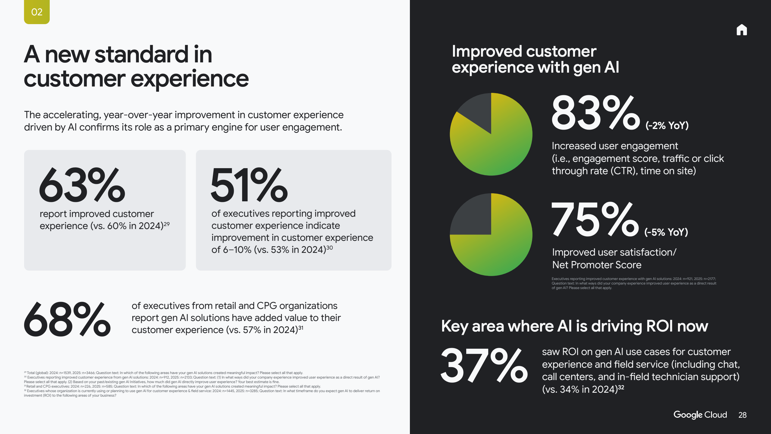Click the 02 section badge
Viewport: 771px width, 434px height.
tap(37, 12)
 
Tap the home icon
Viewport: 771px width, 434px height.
tap(741, 30)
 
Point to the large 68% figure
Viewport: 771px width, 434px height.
tap(67, 319)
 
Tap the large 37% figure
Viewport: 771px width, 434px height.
tap(484, 366)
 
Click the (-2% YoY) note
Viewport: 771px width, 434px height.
tap(667, 125)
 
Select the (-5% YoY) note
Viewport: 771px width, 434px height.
tap(666, 232)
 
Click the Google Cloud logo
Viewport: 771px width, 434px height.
tap(700, 415)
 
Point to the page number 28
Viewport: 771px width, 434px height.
tap(742, 415)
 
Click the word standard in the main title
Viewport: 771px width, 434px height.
tap(142, 55)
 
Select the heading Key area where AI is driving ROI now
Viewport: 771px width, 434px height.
tap(574, 326)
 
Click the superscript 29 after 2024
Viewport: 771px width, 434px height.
tap(167, 224)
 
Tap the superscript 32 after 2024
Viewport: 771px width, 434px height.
tap(621, 387)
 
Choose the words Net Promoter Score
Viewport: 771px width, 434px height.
tap(597, 265)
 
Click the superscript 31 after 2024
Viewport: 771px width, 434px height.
tap(301, 328)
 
